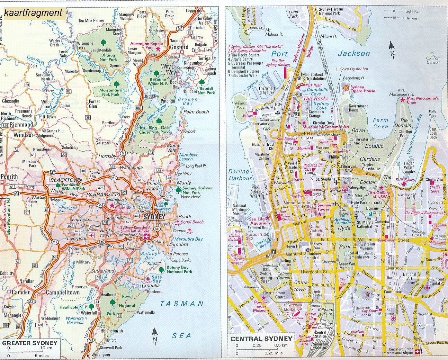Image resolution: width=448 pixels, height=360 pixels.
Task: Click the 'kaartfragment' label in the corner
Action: point(33,13)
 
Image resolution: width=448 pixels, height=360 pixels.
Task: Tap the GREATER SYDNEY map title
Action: point(30,343)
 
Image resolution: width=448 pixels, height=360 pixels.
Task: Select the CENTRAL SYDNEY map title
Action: point(261,339)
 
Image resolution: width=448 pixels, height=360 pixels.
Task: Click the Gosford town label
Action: point(179,47)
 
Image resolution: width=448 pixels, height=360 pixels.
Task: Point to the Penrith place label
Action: point(9,177)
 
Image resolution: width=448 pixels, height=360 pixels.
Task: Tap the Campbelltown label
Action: point(63,292)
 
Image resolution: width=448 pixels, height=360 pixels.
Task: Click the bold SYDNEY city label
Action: point(154,217)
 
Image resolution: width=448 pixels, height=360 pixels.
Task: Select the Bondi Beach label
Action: point(192,222)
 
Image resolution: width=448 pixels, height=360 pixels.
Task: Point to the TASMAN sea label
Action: point(182,304)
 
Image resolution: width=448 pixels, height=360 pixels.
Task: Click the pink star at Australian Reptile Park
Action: point(158,49)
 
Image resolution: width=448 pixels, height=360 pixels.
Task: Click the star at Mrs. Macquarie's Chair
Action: point(402,100)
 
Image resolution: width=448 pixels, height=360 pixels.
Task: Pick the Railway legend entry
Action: point(412,18)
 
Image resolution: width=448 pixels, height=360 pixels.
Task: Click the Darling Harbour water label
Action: point(240,175)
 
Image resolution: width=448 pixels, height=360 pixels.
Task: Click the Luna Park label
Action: point(293,14)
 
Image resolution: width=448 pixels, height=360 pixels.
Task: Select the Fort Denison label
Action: point(433,60)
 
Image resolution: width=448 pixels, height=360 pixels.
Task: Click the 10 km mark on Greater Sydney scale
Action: point(46,348)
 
